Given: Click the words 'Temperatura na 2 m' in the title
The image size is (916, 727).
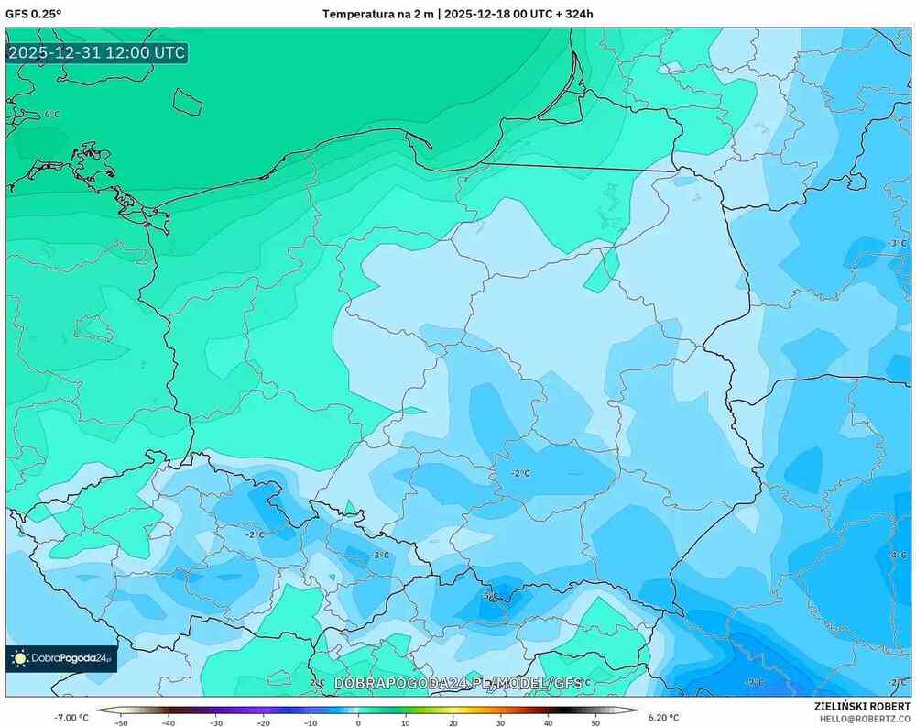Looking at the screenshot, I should pyautogui.click(x=377, y=14).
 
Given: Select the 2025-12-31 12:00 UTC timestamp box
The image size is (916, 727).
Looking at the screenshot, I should pyautogui.click(x=96, y=52).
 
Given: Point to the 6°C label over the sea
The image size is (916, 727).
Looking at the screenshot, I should pyautogui.click(x=52, y=115).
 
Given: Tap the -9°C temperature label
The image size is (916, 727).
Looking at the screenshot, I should pyautogui.click(x=754, y=682).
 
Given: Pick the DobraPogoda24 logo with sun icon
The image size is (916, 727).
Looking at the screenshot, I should pyautogui.click(x=61, y=657).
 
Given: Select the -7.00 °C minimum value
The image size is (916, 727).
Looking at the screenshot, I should pyautogui.click(x=71, y=717).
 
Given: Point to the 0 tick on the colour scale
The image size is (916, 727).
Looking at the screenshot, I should pyautogui.click(x=358, y=721).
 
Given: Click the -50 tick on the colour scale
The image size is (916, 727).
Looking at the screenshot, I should pyautogui.click(x=121, y=721).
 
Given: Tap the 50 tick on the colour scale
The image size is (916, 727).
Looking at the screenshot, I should pyautogui.click(x=595, y=721).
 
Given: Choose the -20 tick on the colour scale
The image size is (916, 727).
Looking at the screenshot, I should pyautogui.click(x=263, y=721).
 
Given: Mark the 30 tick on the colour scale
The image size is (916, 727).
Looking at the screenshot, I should pyautogui.click(x=500, y=721).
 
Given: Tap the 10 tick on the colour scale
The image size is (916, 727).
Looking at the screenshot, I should pyautogui.click(x=405, y=721).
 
